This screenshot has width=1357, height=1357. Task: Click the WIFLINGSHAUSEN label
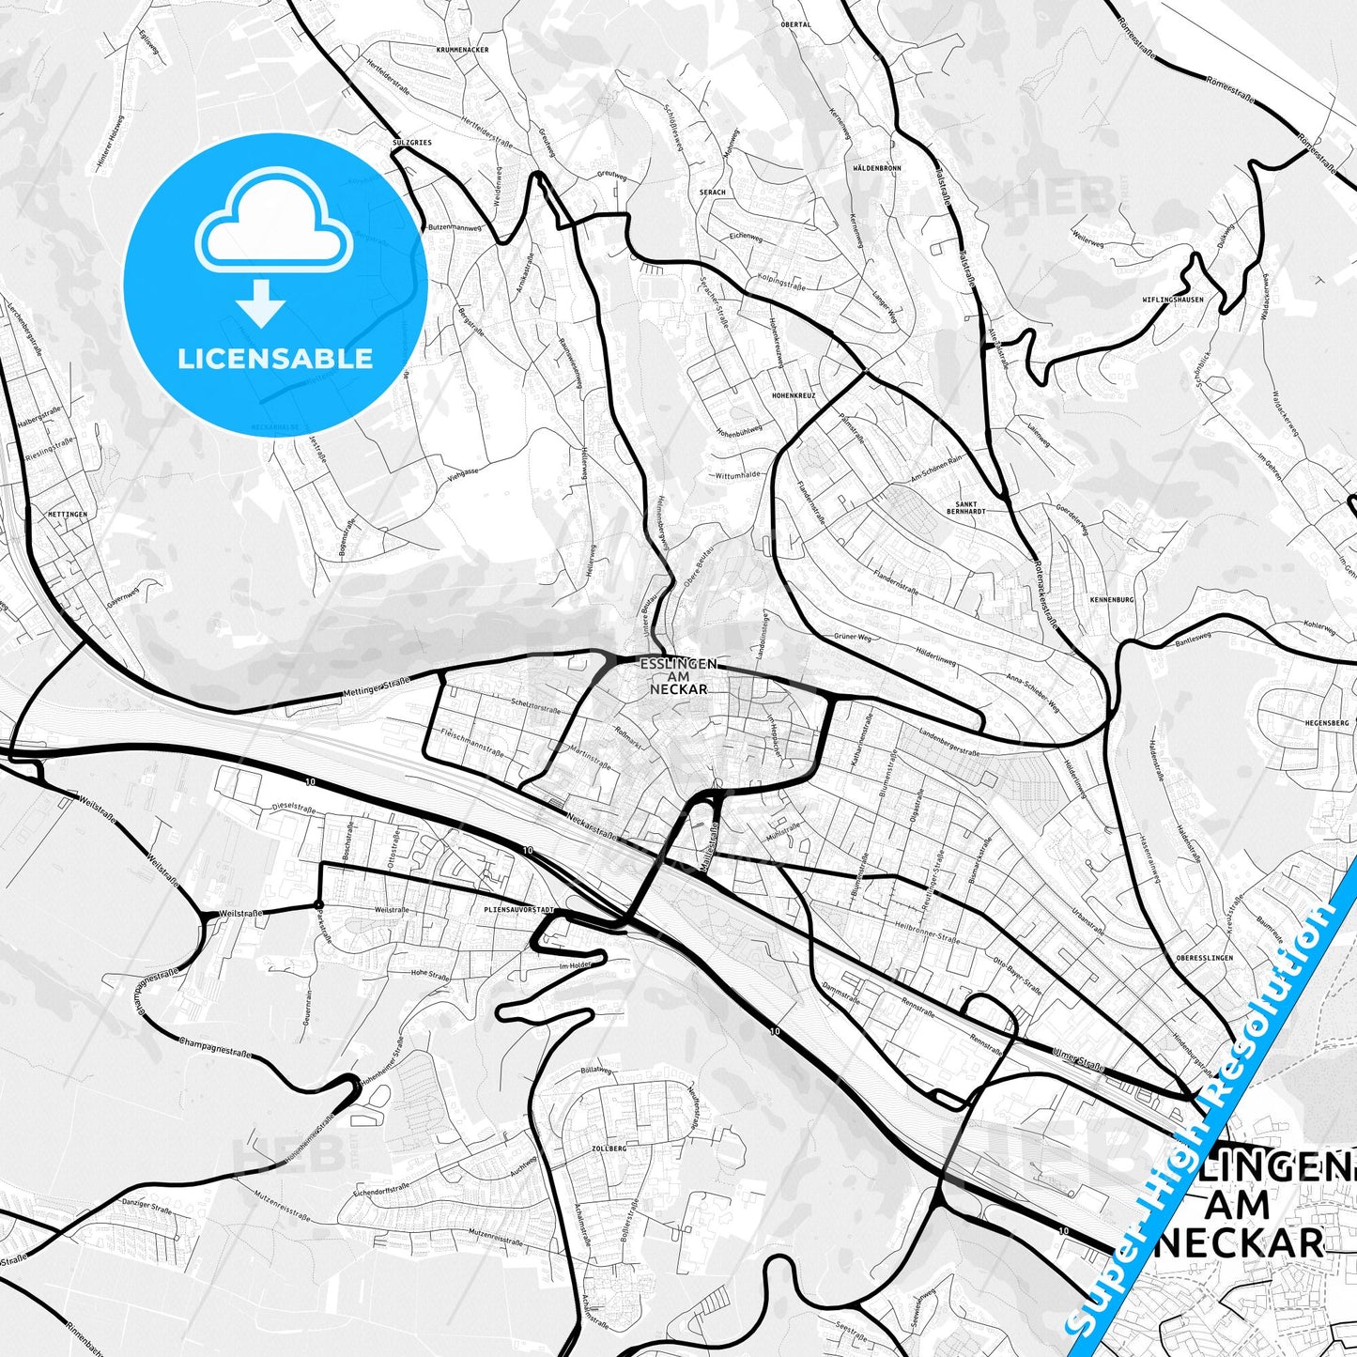(x=1173, y=301)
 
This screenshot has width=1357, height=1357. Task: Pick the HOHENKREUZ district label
(x=794, y=396)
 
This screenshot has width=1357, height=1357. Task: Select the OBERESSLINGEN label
(x=1204, y=957)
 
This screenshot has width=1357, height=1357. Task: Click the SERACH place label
(x=713, y=193)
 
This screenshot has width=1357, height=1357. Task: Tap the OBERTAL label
(x=795, y=25)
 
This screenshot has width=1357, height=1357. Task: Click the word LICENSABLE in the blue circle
(x=275, y=359)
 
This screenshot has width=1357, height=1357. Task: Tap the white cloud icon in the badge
(x=273, y=225)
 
